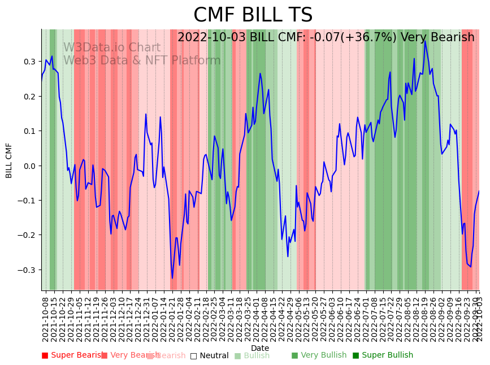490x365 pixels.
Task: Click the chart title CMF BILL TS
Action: point(253,15)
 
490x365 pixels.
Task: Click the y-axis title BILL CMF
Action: point(9,160)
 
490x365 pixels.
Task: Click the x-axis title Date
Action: point(260,348)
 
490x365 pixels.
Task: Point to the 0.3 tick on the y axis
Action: point(28,62)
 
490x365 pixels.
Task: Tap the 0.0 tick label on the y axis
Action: point(28,166)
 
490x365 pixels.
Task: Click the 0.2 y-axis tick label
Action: point(28,97)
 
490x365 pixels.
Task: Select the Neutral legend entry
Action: point(209,356)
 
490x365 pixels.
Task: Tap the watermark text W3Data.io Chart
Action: point(111,48)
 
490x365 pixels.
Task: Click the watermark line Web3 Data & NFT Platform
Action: point(141,61)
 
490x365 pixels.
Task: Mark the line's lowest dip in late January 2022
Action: point(172,277)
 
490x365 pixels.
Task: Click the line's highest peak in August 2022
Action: point(425,41)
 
